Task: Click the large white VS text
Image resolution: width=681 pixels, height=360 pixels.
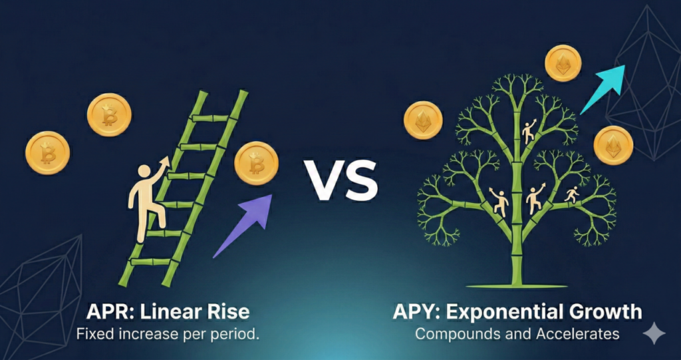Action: click(341, 180)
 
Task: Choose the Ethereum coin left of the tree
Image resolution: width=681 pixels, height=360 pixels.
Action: click(423, 120)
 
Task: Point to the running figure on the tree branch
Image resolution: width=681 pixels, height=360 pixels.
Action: click(571, 194)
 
